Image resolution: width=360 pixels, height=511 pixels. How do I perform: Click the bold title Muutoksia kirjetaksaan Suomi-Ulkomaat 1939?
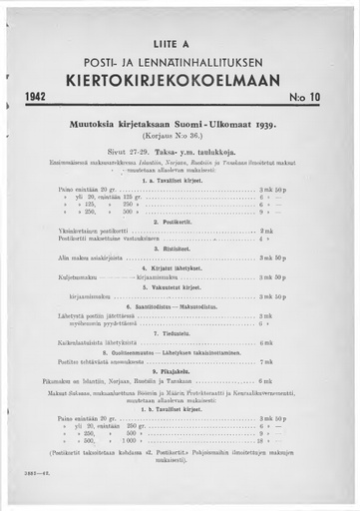180,125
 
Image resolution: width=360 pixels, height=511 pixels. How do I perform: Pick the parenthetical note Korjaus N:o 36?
180,135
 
